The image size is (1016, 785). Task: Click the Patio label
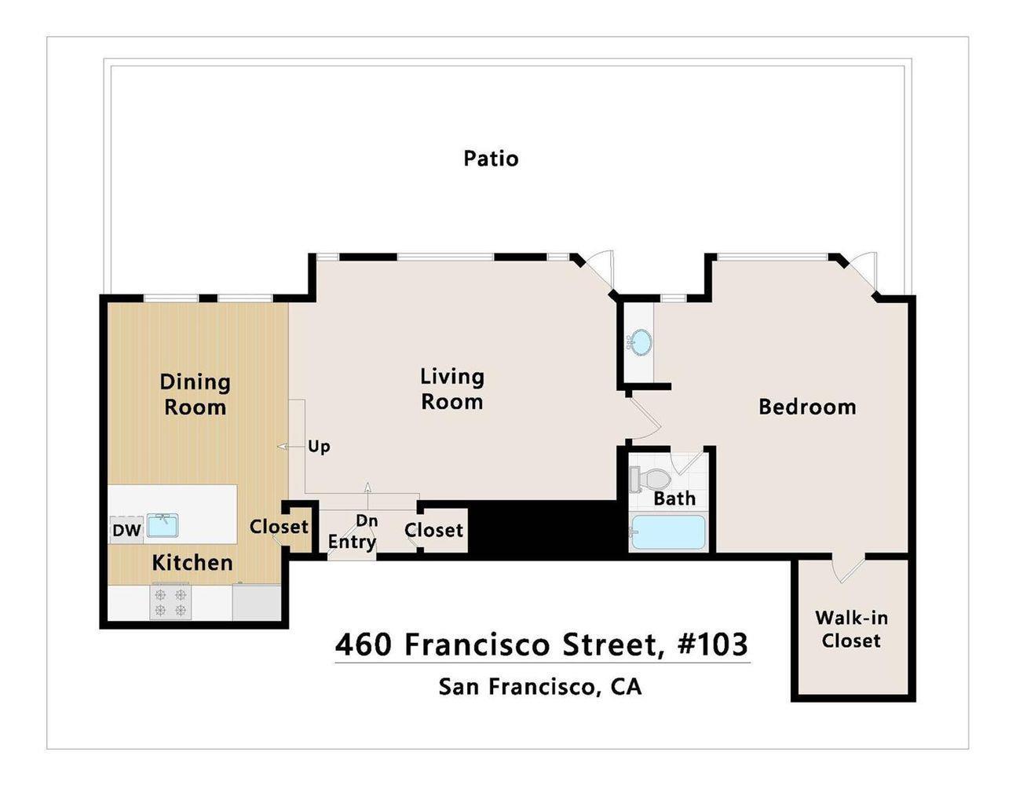(x=491, y=159)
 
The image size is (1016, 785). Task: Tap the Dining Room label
(x=195, y=395)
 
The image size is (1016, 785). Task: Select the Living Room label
(x=451, y=389)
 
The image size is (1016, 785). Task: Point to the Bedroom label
(x=807, y=407)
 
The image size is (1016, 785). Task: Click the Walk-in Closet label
(x=851, y=630)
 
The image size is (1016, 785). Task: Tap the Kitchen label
(x=192, y=563)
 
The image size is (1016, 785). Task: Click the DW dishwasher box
(x=126, y=531)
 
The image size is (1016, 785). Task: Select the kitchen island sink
(x=163, y=525)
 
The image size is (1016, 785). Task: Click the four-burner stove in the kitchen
(x=170, y=602)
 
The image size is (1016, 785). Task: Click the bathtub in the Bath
(x=668, y=531)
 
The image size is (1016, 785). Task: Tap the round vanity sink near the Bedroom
(x=640, y=342)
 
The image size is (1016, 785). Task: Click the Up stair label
(x=319, y=447)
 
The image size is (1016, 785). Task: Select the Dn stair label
(x=367, y=520)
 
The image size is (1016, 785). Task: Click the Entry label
(x=351, y=542)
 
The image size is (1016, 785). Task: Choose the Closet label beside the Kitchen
(x=279, y=527)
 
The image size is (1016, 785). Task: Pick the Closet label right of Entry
(x=433, y=531)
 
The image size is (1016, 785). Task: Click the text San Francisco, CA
(x=540, y=687)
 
